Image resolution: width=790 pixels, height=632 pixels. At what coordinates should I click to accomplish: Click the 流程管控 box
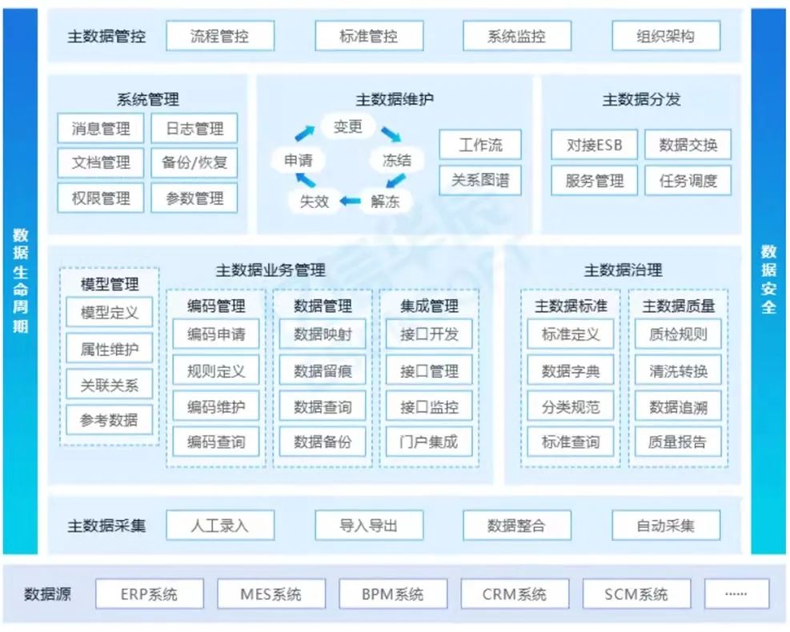[220, 36]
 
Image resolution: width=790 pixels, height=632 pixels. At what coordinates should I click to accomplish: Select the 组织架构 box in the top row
[666, 36]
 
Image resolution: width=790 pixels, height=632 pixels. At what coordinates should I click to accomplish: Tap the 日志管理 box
[194, 128]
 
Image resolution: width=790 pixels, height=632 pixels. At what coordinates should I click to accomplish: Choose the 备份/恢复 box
[194, 162]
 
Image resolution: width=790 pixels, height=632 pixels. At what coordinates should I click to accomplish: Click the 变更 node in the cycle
[348, 126]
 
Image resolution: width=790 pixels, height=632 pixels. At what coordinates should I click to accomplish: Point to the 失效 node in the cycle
[315, 202]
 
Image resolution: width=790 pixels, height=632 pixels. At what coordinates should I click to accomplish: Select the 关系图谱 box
[480, 180]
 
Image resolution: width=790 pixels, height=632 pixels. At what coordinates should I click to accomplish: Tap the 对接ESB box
[594, 146]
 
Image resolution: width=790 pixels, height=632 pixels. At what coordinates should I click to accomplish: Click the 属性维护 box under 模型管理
[110, 349]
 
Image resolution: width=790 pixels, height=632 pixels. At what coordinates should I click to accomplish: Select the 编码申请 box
[216, 334]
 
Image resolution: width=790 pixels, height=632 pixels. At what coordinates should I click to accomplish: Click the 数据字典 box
[570, 370]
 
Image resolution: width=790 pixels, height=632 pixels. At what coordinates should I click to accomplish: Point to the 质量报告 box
[678, 441]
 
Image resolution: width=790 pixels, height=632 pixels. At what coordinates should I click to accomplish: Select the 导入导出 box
[368, 526]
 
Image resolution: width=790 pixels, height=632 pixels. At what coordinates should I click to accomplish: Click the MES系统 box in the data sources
[271, 594]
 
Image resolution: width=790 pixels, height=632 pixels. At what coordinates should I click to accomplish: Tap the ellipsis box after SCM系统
[736, 594]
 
